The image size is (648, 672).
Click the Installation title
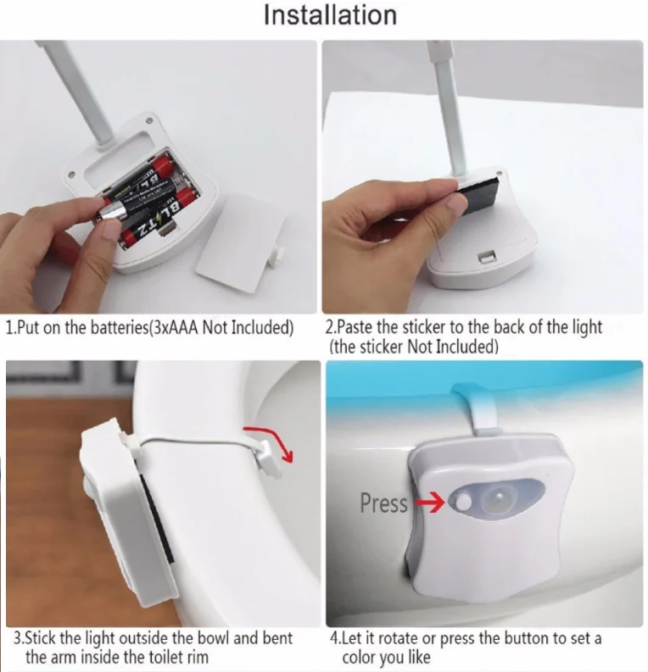click(x=330, y=15)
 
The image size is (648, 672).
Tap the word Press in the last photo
click(x=383, y=503)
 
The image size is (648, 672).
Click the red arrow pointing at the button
click(x=431, y=503)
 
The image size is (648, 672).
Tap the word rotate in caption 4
click(x=397, y=639)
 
